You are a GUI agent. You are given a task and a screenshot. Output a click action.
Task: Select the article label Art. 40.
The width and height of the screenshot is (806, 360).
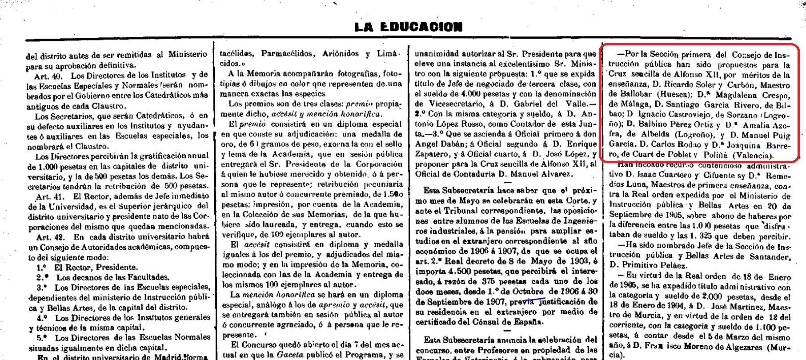point(48,75)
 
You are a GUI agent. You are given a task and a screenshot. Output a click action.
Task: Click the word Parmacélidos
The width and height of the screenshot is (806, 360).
point(285,54)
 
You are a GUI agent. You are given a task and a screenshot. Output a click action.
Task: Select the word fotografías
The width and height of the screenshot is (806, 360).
point(351,74)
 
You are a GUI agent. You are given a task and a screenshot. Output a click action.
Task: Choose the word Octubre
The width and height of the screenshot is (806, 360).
point(528,292)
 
